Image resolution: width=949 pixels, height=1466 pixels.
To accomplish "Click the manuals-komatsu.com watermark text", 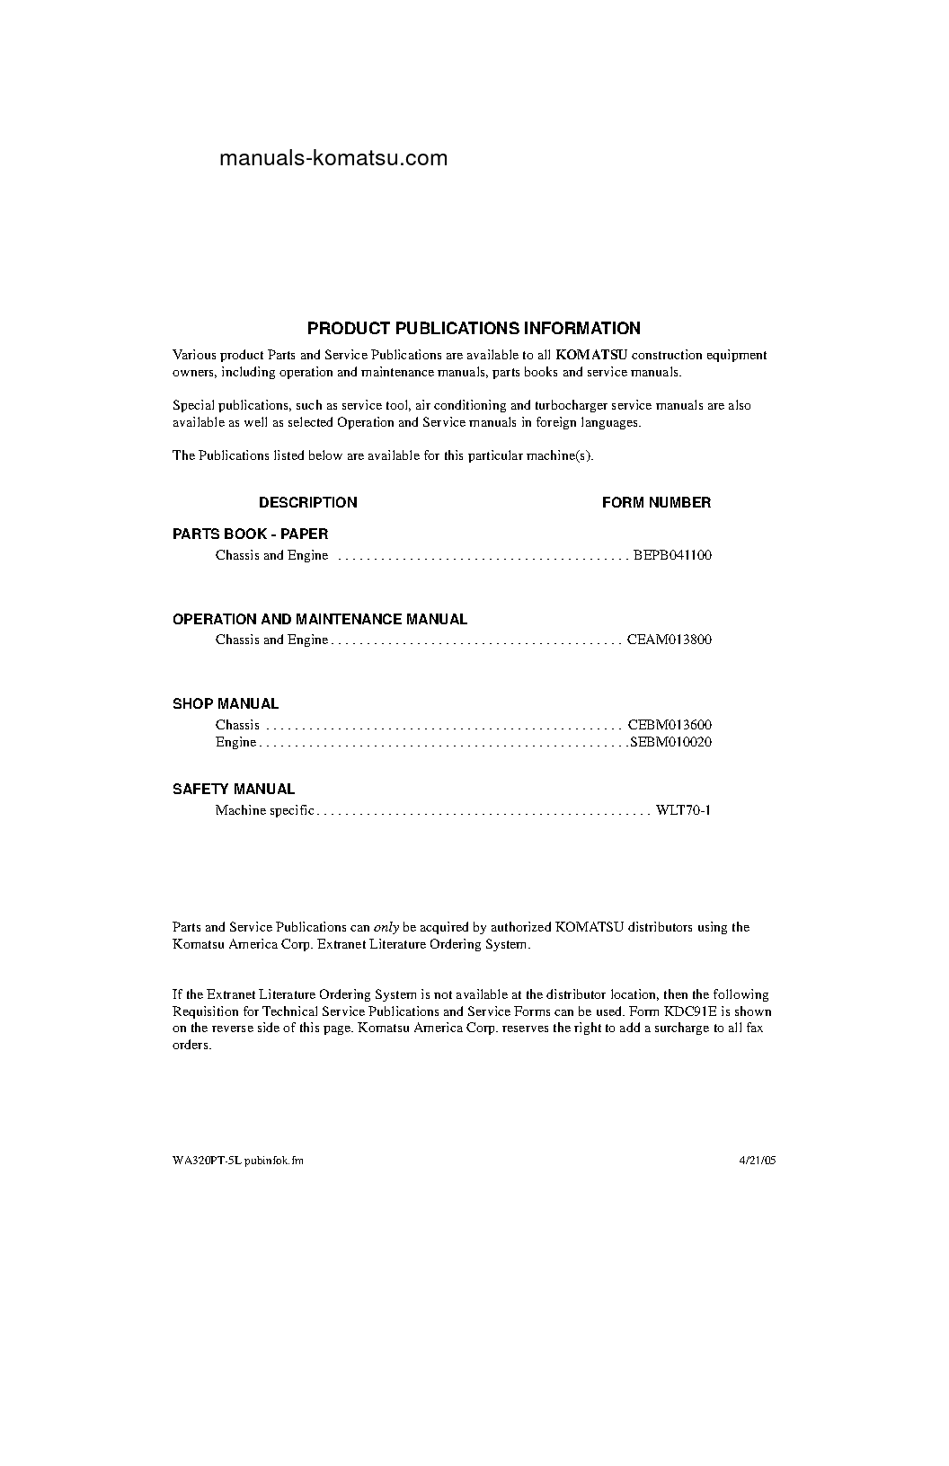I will click(x=333, y=159).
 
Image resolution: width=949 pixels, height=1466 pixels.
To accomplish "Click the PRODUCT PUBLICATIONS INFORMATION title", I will click(x=474, y=329).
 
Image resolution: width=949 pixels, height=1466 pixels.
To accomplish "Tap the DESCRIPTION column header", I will click(x=307, y=503).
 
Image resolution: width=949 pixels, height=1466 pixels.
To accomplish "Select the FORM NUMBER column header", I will click(x=656, y=503).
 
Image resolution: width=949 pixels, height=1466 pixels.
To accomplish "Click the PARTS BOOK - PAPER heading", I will click(x=250, y=534).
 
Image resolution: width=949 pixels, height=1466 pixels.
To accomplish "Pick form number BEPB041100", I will click(x=672, y=555).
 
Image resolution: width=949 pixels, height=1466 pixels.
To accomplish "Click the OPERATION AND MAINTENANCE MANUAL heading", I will click(x=319, y=620).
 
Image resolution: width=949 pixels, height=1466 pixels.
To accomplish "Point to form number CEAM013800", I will click(x=670, y=640).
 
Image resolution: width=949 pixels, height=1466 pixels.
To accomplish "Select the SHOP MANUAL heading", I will click(x=226, y=704).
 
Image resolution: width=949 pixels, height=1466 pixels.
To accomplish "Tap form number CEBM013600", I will click(x=670, y=725).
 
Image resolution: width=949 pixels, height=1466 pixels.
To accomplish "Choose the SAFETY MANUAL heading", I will click(x=234, y=790).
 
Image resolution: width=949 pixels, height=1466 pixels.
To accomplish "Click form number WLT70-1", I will click(x=683, y=811).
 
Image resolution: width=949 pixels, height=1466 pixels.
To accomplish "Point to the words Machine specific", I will click(x=264, y=811).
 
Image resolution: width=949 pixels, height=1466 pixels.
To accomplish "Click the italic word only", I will click(x=386, y=927).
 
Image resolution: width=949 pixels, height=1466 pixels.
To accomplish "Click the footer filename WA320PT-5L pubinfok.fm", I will click(x=238, y=1161).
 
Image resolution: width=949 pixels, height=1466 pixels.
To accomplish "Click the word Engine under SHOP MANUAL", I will click(x=235, y=743).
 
